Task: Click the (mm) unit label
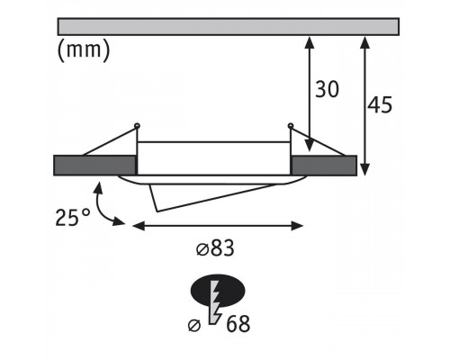(84, 50)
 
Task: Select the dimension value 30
(327, 89)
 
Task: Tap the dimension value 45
(380, 104)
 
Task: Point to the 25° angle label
(73, 217)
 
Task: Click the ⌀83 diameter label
(215, 248)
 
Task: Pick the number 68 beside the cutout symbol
(238, 323)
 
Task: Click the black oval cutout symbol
(218, 291)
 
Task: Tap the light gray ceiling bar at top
(228, 27)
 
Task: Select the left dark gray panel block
(94, 166)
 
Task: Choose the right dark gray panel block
(324, 166)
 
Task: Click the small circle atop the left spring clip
(137, 125)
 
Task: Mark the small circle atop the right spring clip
(290, 125)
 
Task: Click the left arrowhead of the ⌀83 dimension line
(138, 226)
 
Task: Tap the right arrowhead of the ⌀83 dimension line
(298, 226)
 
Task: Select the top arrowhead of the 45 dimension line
(364, 42)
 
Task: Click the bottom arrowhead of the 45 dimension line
(364, 169)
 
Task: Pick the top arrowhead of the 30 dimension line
(310, 42)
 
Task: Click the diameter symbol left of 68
(194, 326)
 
